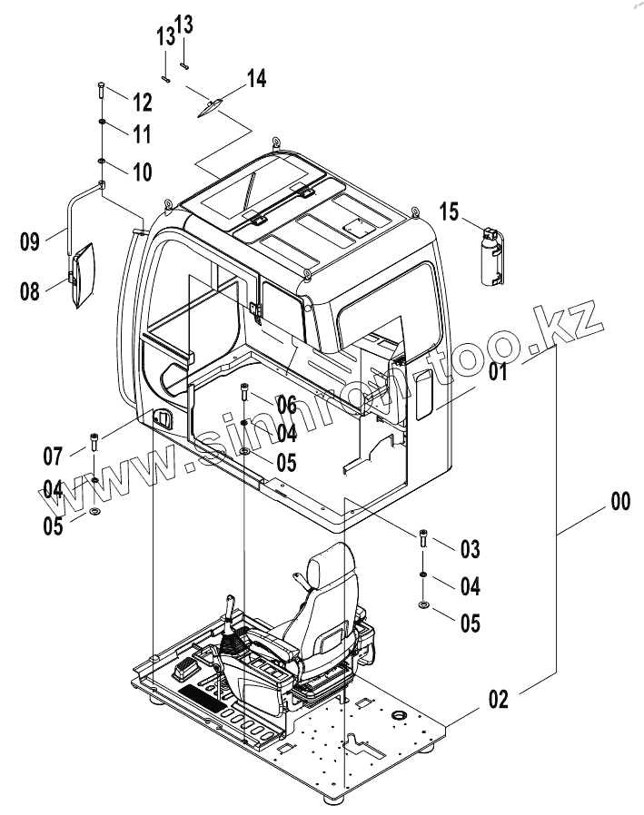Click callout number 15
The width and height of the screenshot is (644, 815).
(450, 212)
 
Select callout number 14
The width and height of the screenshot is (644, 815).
(256, 80)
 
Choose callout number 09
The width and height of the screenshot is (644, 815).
(30, 241)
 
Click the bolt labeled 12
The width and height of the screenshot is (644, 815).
(101, 93)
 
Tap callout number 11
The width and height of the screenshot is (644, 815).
(141, 134)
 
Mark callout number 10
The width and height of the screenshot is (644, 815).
(141, 170)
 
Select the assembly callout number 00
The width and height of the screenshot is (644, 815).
(620, 501)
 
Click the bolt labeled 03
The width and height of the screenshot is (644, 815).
(423, 538)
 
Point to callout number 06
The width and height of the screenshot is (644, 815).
(286, 404)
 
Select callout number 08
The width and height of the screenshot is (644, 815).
(30, 290)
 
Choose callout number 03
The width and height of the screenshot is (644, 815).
(470, 548)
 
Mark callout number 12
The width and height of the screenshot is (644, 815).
(141, 100)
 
